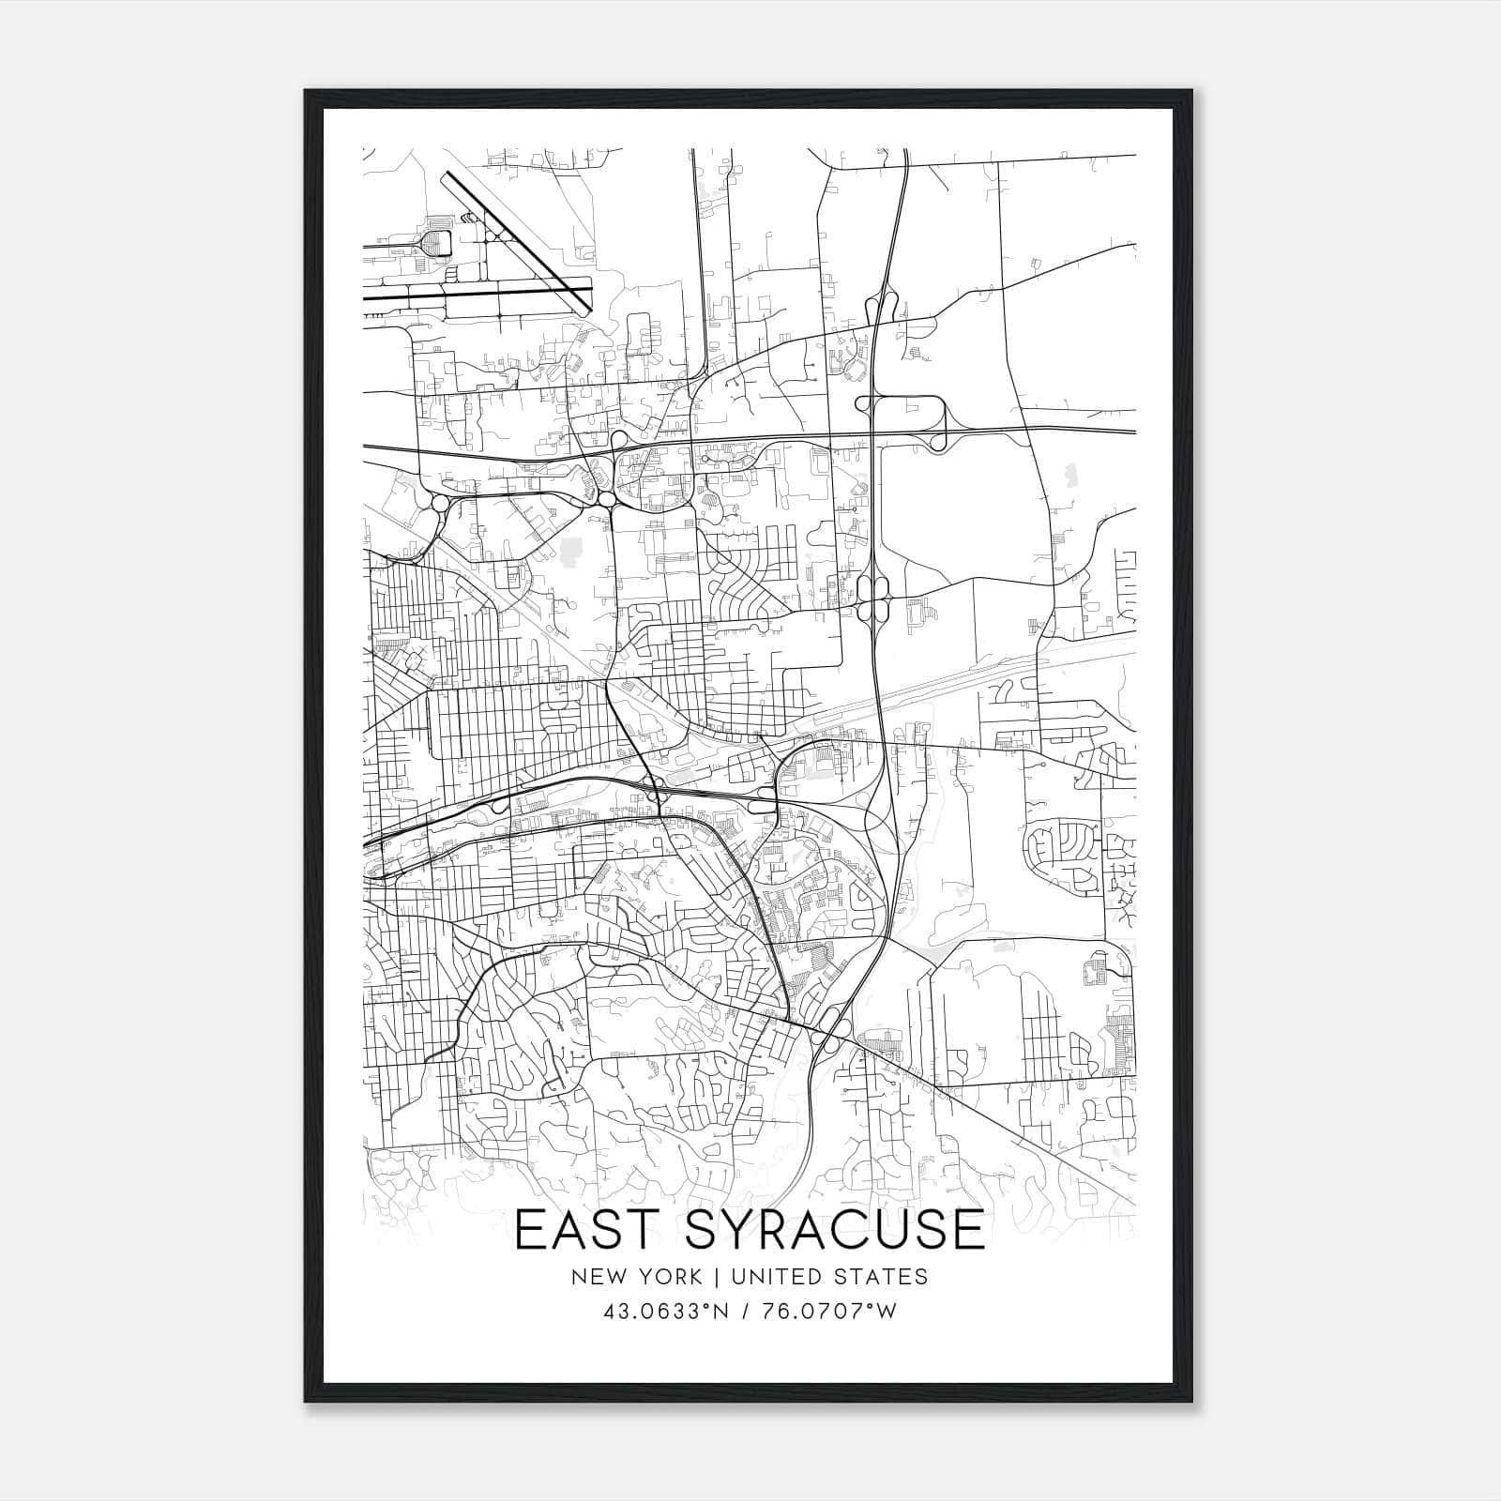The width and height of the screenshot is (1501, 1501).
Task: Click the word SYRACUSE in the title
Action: click(x=835, y=1230)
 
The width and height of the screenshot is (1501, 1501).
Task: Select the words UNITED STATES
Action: click(x=828, y=1276)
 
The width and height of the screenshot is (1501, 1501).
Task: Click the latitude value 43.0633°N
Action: click(x=666, y=1311)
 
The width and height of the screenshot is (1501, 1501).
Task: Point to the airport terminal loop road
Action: click(x=435, y=243)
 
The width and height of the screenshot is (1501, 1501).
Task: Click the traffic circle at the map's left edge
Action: click(x=439, y=504)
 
